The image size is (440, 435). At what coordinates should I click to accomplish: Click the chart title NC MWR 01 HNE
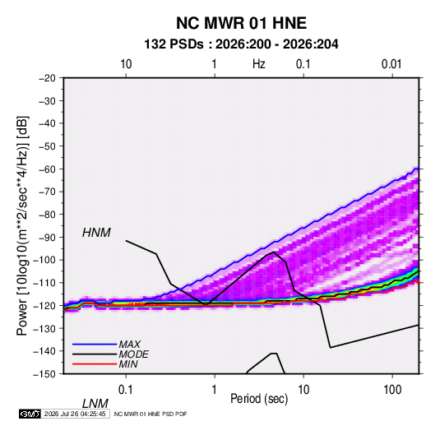pos(241,23)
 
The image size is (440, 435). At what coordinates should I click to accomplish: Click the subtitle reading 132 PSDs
pos(174,44)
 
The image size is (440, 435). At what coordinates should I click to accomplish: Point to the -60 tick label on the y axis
pos(48,169)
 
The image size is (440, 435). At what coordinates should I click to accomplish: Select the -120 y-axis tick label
pos(45,305)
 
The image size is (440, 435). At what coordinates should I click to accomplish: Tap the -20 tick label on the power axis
pos(48,78)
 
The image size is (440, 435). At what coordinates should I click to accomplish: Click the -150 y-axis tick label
pos(45,374)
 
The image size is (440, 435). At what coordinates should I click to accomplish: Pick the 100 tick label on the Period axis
pos(392,390)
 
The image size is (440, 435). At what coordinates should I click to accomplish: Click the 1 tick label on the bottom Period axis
pos(215,390)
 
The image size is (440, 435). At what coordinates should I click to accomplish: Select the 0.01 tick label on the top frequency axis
pos(391,64)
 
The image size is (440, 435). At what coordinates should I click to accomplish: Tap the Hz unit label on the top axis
pos(259,64)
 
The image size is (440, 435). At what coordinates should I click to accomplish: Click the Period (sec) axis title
pos(259,399)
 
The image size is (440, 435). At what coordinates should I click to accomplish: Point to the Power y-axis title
pos(22,226)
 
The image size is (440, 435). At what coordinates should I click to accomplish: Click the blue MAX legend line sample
pos(95,345)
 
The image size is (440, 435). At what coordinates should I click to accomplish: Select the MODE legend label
pos(133,354)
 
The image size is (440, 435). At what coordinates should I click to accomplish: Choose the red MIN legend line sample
pos(95,364)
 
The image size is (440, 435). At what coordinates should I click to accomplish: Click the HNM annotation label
pos(96,233)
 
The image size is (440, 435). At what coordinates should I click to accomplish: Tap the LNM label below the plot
pos(95,404)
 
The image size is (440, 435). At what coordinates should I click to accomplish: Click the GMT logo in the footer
pos(30,414)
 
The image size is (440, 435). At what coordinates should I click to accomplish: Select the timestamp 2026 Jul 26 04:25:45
pos(75,414)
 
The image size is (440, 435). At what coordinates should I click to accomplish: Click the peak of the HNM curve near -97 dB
pos(273,252)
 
